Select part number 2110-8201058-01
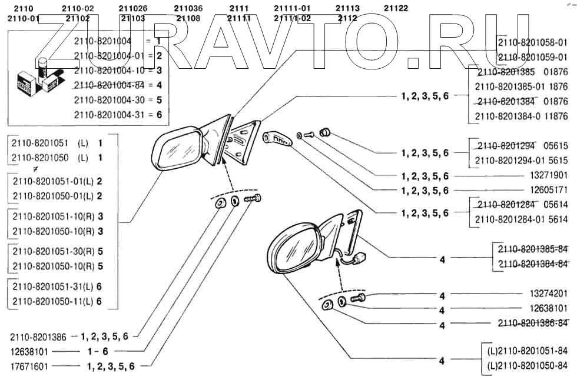coord(532,42)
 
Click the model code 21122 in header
coord(395,8)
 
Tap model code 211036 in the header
coord(188,8)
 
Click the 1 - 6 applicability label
coord(97,351)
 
